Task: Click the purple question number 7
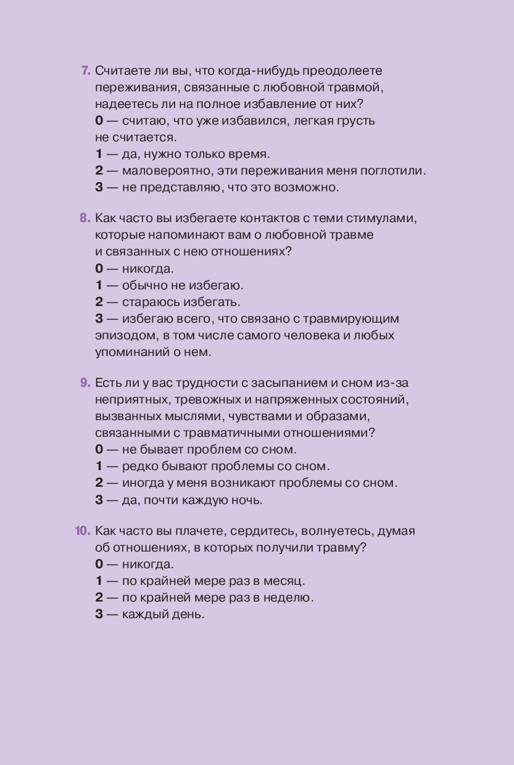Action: pos(86,71)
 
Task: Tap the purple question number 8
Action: pos(85,218)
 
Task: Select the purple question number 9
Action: pos(85,383)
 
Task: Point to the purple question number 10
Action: pos(83,531)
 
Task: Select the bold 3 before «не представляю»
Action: pos(99,187)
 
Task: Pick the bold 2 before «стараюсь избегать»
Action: pos(99,302)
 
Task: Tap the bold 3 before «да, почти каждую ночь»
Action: pos(99,500)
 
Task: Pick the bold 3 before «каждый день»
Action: pos(99,614)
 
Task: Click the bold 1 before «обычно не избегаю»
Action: pos(99,286)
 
